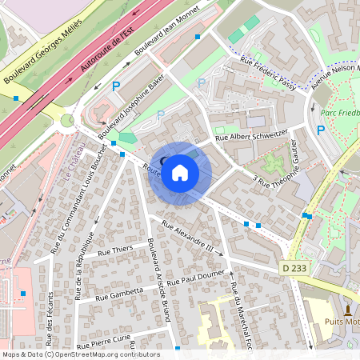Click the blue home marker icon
[x=180, y=172]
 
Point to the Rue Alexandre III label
[x=188, y=236]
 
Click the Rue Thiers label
[x=115, y=250]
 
